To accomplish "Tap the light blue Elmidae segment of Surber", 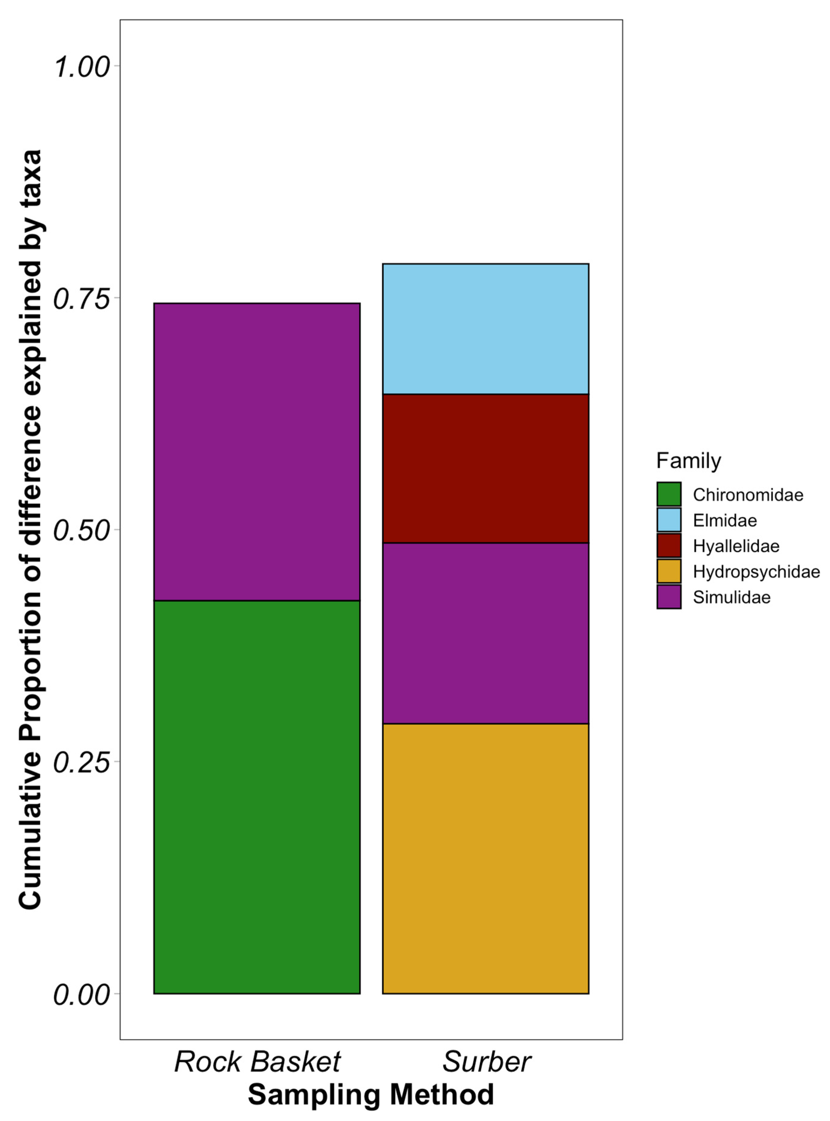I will (x=485, y=329).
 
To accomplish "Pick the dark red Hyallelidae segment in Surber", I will (x=485, y=468).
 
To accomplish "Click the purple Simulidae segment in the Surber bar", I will (x=485, y=633).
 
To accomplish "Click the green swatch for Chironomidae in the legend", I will (x=669, y=494).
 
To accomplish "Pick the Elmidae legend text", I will (x=724, y=520).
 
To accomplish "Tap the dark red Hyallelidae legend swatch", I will (x=669, y=546).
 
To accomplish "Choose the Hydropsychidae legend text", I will (x=756, y=572).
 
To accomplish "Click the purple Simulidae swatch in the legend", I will (x=669, y=597).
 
